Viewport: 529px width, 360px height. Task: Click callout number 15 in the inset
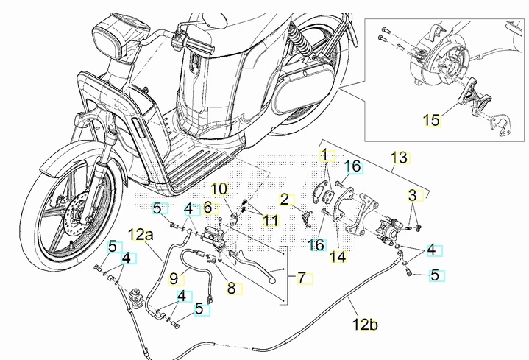(433, 119)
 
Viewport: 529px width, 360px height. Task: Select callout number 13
(399, 157)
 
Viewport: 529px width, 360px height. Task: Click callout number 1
(325, 155)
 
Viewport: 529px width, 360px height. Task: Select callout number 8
(221, 189)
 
